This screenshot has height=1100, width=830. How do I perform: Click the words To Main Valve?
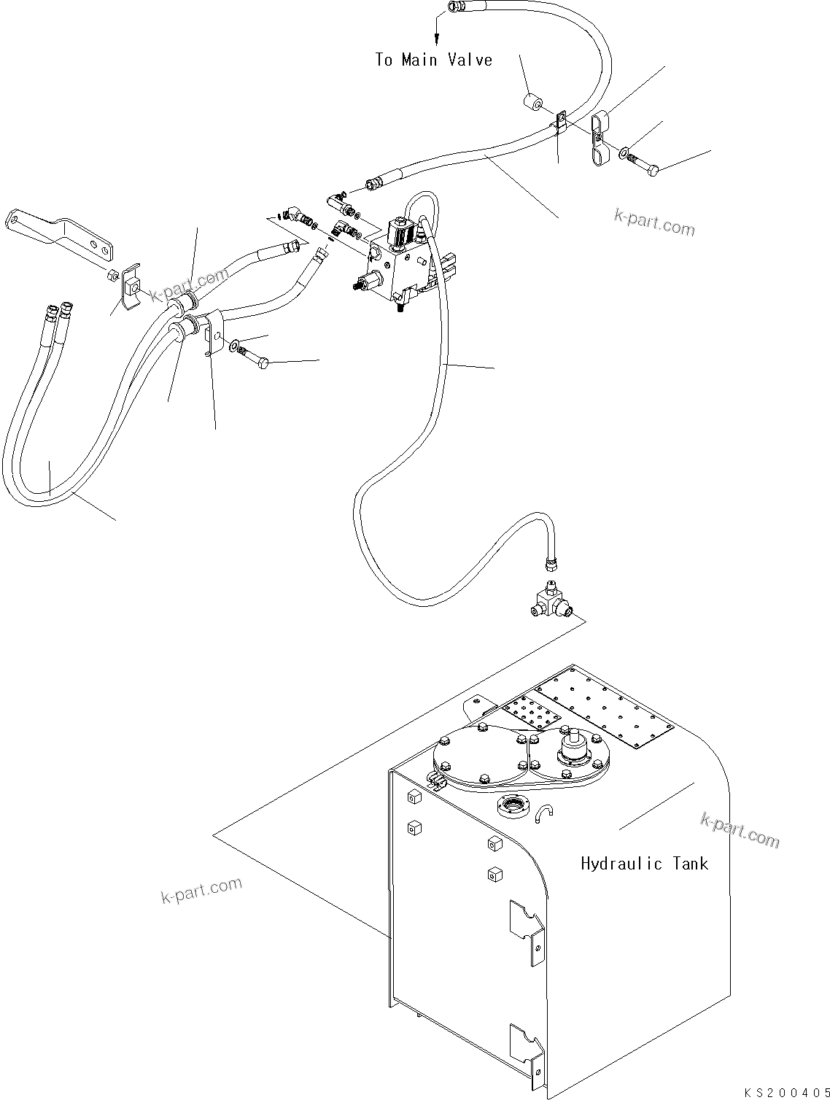(434, 60)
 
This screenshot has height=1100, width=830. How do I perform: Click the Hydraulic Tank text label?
(644, 864)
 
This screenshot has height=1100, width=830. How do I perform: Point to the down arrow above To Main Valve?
(436, 29)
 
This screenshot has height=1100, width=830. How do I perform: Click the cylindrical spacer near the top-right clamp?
(533, 103)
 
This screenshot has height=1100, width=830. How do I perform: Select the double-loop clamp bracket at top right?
(599, 139)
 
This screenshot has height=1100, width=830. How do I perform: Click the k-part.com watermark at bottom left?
(201, 889)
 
